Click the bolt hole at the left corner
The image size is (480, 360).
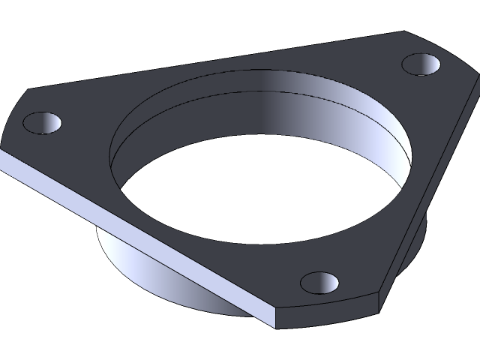(41, 122)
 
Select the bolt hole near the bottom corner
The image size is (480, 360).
(320, 283)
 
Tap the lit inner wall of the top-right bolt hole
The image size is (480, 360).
(431, 66)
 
